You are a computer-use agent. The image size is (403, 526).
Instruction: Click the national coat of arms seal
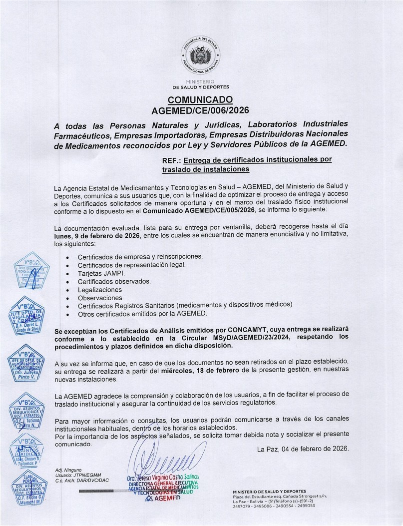coord(201,55)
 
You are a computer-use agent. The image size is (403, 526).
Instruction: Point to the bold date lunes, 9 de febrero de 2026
coord(97,235)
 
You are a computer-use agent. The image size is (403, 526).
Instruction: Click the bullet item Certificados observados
coord(114,281)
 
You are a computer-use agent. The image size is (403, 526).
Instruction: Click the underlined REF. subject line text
coord(247,165)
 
